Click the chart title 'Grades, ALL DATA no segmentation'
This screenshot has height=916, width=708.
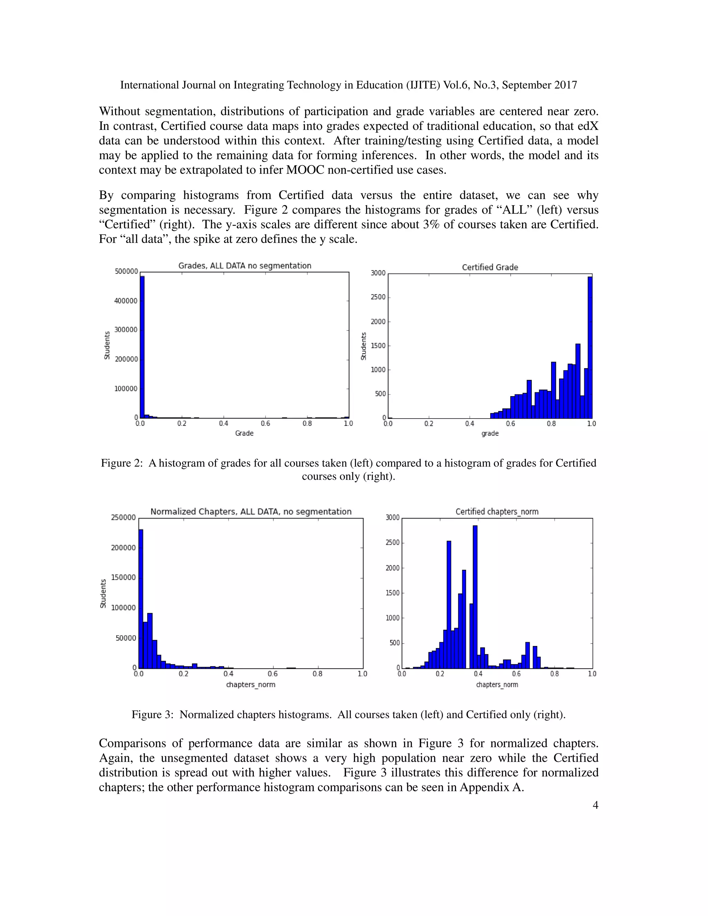point(244,265)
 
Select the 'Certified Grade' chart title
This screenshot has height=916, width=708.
point(490,267)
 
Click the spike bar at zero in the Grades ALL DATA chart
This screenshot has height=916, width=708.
point(142,346)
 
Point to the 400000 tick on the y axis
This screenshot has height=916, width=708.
point(126,301)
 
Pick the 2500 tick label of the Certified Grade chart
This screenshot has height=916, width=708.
point(378,297)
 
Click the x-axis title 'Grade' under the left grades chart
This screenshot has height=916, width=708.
point(244,433)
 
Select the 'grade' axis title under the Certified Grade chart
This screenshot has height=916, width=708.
point(490,433)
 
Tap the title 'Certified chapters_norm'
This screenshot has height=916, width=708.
point(497,512)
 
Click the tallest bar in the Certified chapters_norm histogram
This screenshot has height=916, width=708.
point(475,596)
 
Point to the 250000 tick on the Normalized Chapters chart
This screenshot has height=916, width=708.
point(123,517)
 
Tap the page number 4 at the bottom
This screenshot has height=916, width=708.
point(595,805)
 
